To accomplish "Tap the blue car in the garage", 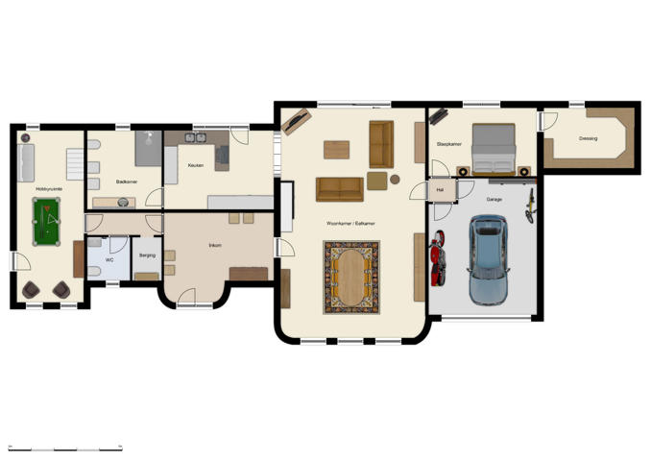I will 488,258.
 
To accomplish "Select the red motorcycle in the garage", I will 441,257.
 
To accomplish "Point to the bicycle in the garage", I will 529,206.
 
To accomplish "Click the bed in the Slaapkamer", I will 494,148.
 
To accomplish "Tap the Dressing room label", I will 588,138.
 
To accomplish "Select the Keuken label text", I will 196,165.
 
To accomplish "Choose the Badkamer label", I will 126,181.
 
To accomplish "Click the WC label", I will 109,259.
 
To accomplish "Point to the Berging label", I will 147,255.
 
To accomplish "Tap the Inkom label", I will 215,246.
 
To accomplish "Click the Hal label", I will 440,190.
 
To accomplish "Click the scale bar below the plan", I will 64,448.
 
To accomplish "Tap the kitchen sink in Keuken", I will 197,138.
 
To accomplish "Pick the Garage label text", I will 494,199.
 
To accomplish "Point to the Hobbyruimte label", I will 48,189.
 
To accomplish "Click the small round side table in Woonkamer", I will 395,179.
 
